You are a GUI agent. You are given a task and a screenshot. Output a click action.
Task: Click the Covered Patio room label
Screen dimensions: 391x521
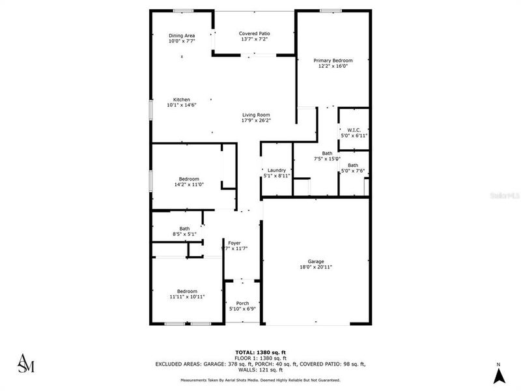[x=254, y=33]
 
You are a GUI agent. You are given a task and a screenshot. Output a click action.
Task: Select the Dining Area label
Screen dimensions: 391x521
[x=182, y=35]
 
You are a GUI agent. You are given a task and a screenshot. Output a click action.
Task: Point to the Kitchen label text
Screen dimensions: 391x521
[x=182, y=100]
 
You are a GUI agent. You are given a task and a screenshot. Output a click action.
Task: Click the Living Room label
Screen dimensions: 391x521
[x=256, y=115]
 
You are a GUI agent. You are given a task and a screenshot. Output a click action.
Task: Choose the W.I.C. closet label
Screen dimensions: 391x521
[x=354, y=130]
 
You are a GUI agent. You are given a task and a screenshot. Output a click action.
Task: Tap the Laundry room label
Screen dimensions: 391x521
[x=277, y=170]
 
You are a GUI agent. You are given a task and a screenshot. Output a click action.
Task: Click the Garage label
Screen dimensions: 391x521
[x=316, y=262]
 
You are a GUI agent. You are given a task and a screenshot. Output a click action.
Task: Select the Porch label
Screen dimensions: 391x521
[x=242, y=302]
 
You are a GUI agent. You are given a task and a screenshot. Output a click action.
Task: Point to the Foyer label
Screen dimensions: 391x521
[x=234, y=243]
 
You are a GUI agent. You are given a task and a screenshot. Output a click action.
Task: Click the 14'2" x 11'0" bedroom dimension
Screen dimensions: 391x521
[x=189, y=184]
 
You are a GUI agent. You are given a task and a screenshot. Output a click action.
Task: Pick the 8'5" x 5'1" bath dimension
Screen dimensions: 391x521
[x=185, y=234]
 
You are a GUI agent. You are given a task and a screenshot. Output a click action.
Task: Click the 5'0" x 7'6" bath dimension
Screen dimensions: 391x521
[x=352, y=171]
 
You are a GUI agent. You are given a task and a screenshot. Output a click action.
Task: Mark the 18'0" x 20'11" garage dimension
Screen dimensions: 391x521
[x=316, y=267]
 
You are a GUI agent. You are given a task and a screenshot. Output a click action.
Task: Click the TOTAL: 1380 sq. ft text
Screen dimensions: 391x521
[x=260, y=353]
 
